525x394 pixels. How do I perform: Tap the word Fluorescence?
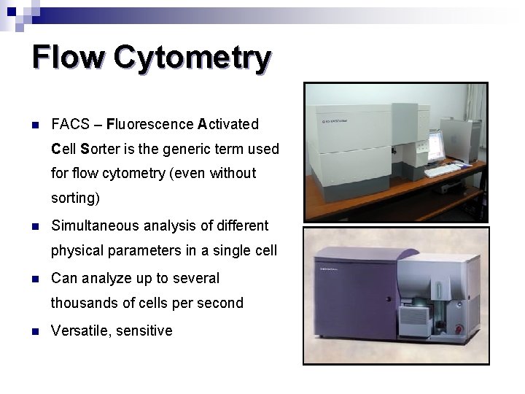150,124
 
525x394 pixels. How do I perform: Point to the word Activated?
227,124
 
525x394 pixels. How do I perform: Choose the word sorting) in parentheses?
75,198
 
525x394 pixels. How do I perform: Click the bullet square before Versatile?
35,331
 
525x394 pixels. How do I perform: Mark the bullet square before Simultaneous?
35,226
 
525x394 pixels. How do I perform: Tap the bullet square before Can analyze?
35,279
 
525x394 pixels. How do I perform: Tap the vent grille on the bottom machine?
414,325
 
